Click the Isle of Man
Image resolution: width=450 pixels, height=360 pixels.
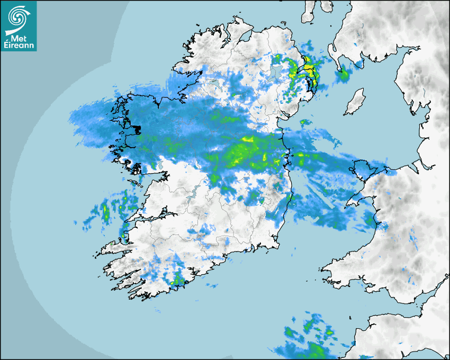(355, 102)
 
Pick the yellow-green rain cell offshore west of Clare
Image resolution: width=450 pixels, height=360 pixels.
(105, 212)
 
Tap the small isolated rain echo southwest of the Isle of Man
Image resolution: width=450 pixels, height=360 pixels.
(305, 122)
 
